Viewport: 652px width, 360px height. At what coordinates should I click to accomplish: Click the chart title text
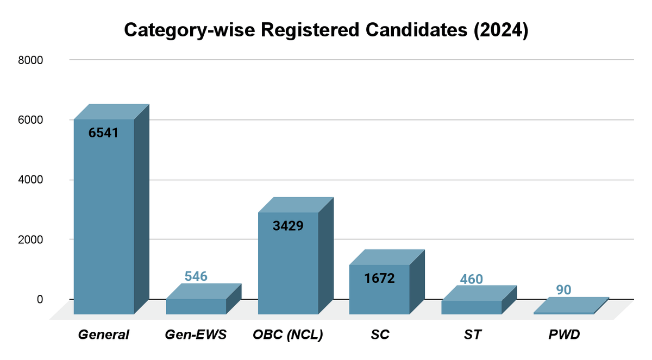[326, 30]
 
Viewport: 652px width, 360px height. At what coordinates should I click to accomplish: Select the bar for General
[104, 217]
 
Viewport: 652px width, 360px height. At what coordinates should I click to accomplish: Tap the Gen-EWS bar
[196, 306]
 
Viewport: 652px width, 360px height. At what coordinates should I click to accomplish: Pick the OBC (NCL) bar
[288, 263]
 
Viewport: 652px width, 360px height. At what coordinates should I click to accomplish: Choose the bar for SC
[379, 289]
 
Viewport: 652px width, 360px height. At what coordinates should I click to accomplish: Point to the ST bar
[471, 307]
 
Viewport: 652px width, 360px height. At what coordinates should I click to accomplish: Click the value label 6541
[103, 133]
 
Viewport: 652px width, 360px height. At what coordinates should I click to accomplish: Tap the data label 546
[196, 276]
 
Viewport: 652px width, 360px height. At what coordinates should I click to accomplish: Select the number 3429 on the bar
[288, 225]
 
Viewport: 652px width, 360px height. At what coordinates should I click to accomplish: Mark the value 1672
[379, 279]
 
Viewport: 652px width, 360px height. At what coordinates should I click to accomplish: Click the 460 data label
[471, 280]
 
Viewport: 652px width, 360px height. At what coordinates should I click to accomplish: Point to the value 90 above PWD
[563, 290]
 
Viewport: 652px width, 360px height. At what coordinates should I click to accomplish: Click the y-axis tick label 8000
[32, 60]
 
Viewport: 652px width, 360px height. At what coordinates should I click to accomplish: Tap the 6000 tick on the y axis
[32, 120]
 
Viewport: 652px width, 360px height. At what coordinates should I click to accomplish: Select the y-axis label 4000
[32, 180]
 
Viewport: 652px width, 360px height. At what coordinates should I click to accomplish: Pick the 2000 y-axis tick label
[32, 239]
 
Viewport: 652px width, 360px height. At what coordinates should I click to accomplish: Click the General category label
[103, 335]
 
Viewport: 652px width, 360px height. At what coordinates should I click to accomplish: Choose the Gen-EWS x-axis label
[196, 335]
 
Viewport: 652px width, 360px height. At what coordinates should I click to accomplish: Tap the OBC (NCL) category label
[288, 335]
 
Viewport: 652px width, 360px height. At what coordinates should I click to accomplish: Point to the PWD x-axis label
[563, 335]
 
